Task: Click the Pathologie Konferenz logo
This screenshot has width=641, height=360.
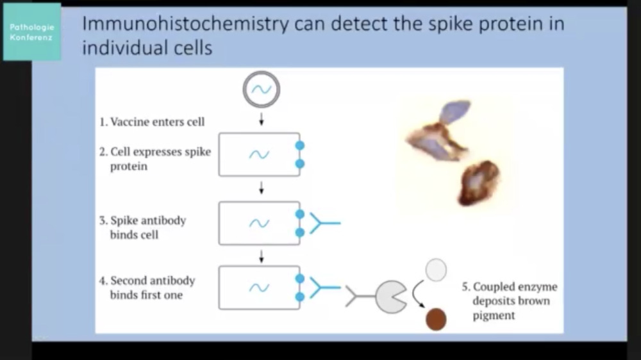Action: click(32, 32)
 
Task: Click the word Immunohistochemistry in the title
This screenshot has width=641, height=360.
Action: click(185, 24)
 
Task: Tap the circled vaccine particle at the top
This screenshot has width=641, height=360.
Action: click(262, 90)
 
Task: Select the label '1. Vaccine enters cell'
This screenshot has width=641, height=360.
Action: click(152, 122)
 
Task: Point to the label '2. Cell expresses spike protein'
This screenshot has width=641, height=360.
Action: click(155, 159)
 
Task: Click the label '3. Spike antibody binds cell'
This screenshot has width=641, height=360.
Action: click(143, 227)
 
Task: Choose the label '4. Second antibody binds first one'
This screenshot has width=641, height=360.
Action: click(147, 288)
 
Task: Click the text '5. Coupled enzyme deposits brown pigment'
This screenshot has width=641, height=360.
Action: click(510, 301)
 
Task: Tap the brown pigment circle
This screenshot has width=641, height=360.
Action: click(436, 319)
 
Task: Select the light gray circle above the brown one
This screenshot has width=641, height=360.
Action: click(436, 270)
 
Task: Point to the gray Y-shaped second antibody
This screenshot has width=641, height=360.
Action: click(360, 296)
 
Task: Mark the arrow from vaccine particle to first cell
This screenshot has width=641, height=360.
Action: click(262, 119)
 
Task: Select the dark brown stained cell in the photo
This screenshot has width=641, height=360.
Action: click(479, 183)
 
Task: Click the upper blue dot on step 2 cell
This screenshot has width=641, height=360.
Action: click(299, 145)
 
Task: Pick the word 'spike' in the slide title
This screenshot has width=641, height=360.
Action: click(451, 24)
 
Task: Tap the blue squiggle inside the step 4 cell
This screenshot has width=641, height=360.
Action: click(259, 288)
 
